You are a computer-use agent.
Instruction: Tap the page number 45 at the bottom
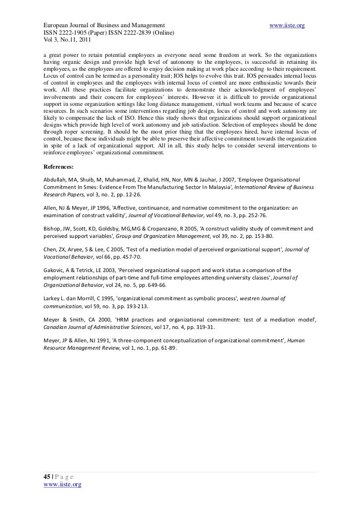47,476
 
